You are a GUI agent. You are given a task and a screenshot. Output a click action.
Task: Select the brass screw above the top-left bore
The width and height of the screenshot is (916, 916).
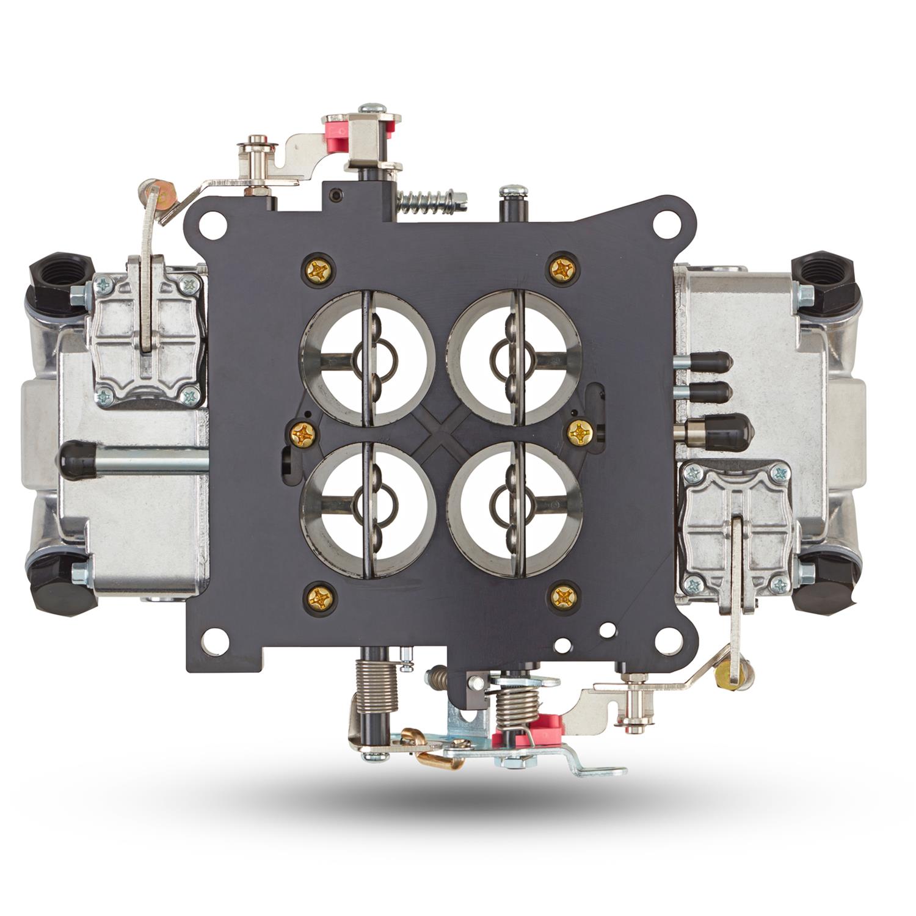(319, 269)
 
